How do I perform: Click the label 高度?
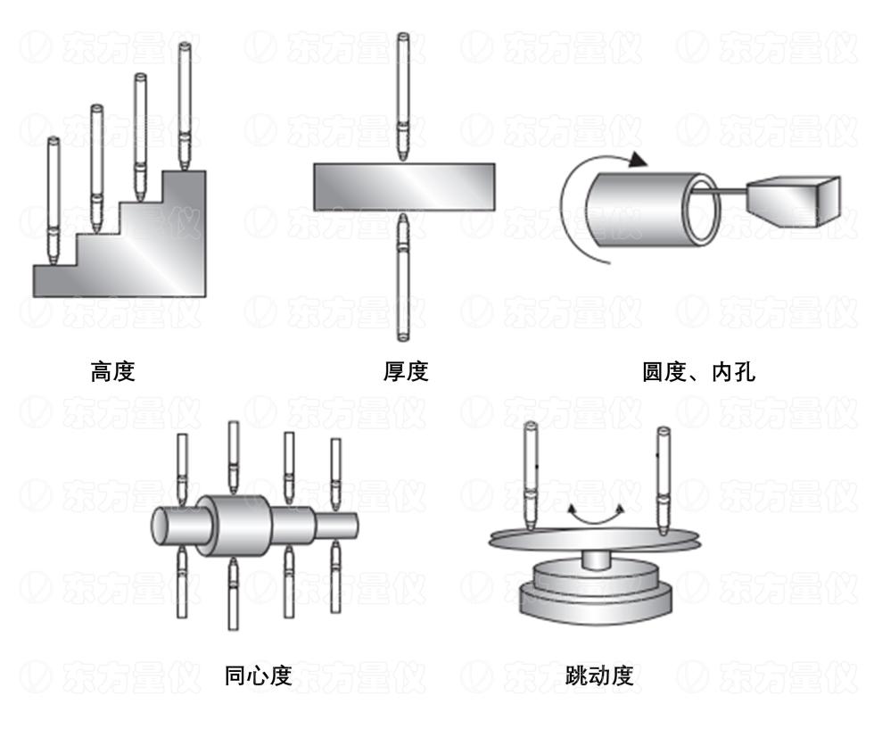[112, 371]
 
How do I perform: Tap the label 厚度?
[406, 371]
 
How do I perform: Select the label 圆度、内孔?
[699, 372]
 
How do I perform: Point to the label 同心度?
[258, 675]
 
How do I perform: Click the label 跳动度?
[599, 675]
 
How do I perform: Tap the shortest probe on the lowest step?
[54, 201]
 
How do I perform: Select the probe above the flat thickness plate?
[403, 97]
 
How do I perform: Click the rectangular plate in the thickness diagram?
[404, 186]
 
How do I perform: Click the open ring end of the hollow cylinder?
[701, 210]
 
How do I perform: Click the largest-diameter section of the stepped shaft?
[234, 526]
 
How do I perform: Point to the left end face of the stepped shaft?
[162, 526]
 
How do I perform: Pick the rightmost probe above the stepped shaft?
[335, 474]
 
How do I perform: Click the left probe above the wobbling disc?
[531, 476]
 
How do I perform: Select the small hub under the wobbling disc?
[596, 559]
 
